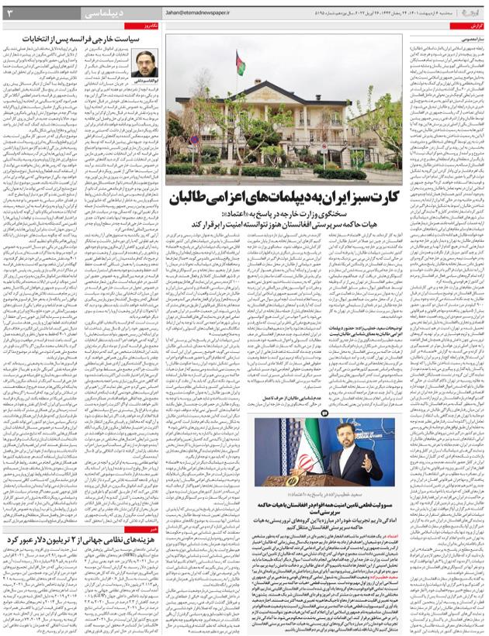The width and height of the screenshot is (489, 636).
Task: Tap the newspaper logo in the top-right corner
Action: [470, 12]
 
